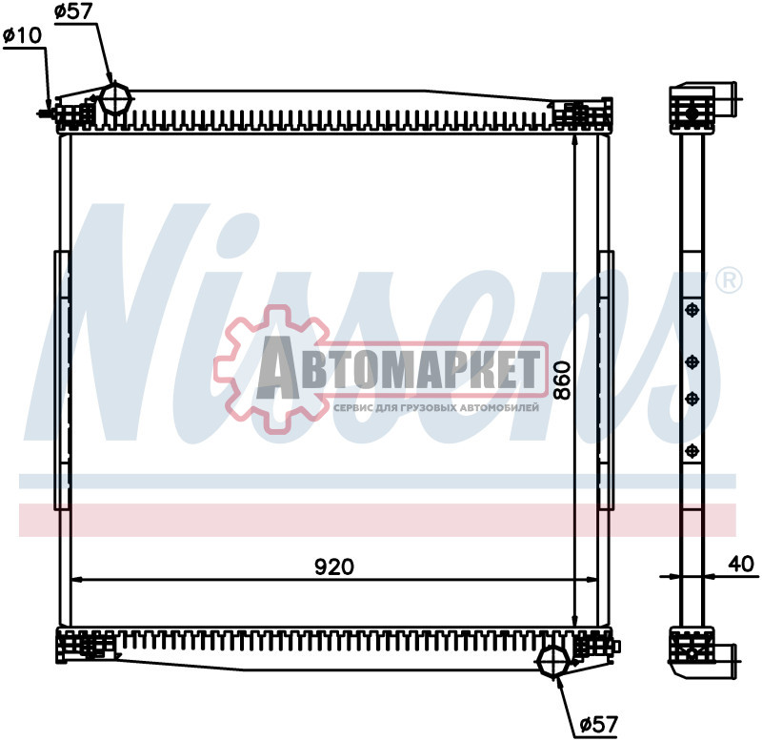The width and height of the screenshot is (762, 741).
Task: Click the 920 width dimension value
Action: click(x=334, y=567)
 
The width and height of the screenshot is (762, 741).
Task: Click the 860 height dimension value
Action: click(x=562, y=381)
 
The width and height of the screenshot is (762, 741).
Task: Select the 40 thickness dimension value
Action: click(x=741, y=564)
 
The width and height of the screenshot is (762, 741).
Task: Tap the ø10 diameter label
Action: click(x=22, y=35)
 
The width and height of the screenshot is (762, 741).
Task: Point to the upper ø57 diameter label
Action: click(x=74, y=10)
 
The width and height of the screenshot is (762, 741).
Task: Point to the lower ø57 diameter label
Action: click(x=598, y=725)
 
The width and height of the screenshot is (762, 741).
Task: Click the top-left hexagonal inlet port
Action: click(x=115, y=98)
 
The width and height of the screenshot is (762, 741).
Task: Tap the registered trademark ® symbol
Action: click(x=730, y=280)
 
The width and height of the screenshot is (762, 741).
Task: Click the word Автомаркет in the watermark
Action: click(x=399, y=368)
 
